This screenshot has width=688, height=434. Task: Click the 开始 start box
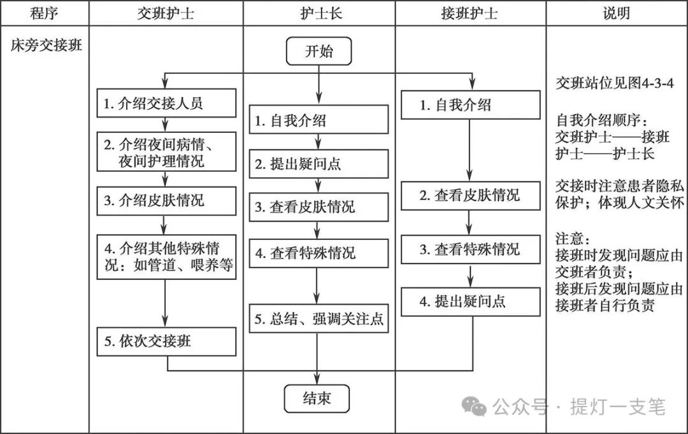(319, 52)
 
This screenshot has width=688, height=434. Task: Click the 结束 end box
(317, 399)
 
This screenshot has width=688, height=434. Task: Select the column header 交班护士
(166, 13)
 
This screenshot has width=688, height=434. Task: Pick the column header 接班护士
(470, 13)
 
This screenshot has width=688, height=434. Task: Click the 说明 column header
(616, 13)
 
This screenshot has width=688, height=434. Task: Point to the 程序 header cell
(44, 13)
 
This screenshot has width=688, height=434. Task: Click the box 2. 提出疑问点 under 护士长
(319, 164)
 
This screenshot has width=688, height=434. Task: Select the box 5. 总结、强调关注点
(319, 319)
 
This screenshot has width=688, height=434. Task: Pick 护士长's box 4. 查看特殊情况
(319, 253)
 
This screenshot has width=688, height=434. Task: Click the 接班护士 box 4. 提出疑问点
(471, 302)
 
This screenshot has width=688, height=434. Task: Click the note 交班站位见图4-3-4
(614, 84)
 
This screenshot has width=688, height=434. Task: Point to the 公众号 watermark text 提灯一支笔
(617, 405)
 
